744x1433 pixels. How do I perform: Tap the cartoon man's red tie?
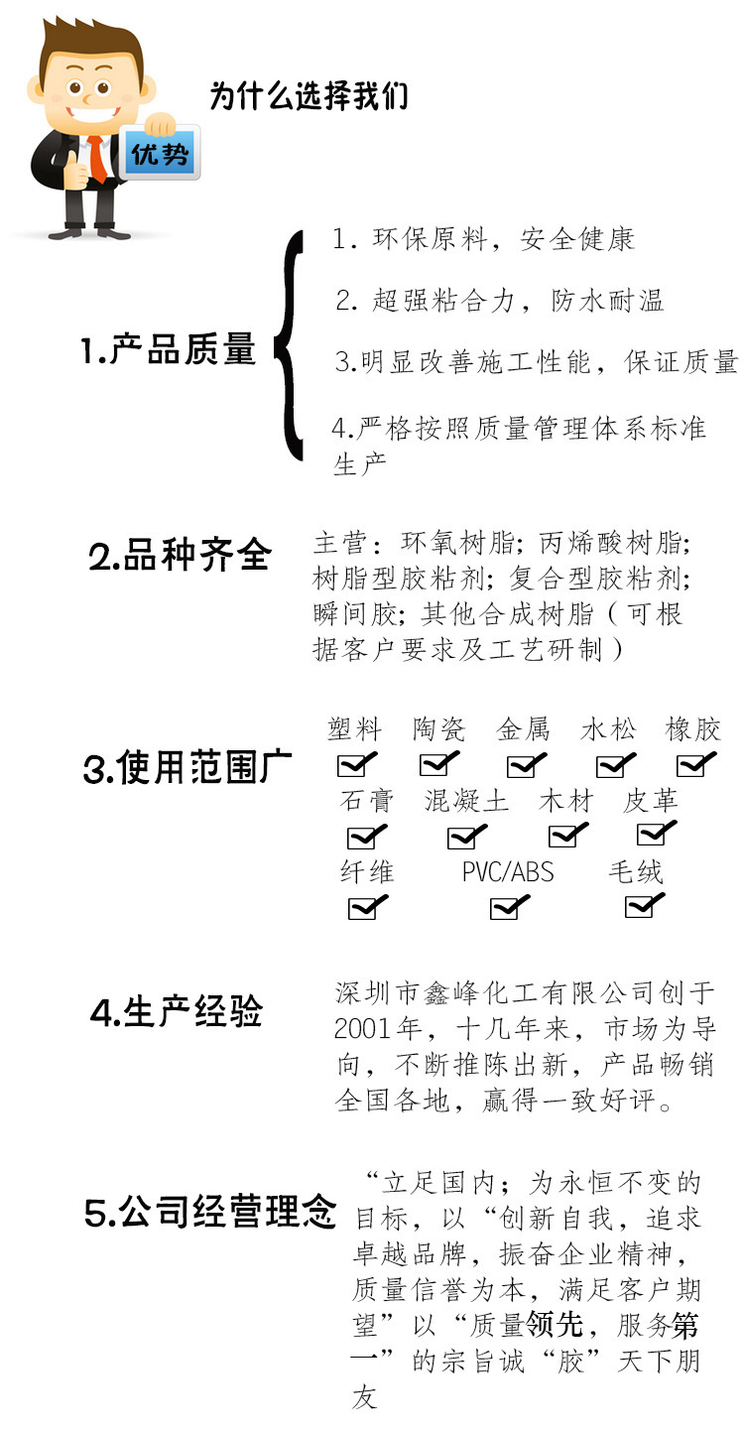(98, 159)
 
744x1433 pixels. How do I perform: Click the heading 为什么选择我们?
(309, 97)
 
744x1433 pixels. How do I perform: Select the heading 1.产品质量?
(169, 349)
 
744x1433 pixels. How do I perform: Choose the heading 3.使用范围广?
(187, 768)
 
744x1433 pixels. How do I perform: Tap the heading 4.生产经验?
(176, 1012)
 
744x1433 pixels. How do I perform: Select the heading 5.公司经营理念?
(210, 1212)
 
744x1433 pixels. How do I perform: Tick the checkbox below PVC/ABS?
(507, 907)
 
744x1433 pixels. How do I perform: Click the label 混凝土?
(466, 801)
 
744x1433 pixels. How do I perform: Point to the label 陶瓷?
(438, 730)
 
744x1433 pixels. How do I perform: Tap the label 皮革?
(651, 801)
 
